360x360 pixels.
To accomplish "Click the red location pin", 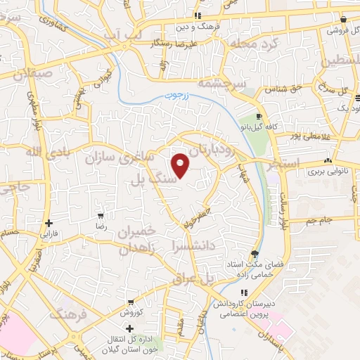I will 181,165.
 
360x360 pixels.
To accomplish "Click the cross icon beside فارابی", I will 48,223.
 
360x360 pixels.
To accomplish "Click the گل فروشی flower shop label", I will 341,31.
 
